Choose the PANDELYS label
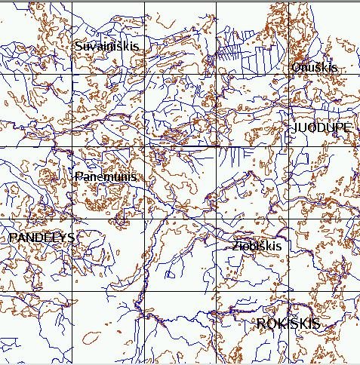pyautogui.click(x=41, y=238)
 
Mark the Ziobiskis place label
pyautogui.click(x=257, y=247)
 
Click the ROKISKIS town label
pyautogui.click(x=288, y=324)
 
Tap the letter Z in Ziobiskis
pyautogui.click(x=236, y=247)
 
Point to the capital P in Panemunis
pyautogui.click(x=78, y=176)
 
